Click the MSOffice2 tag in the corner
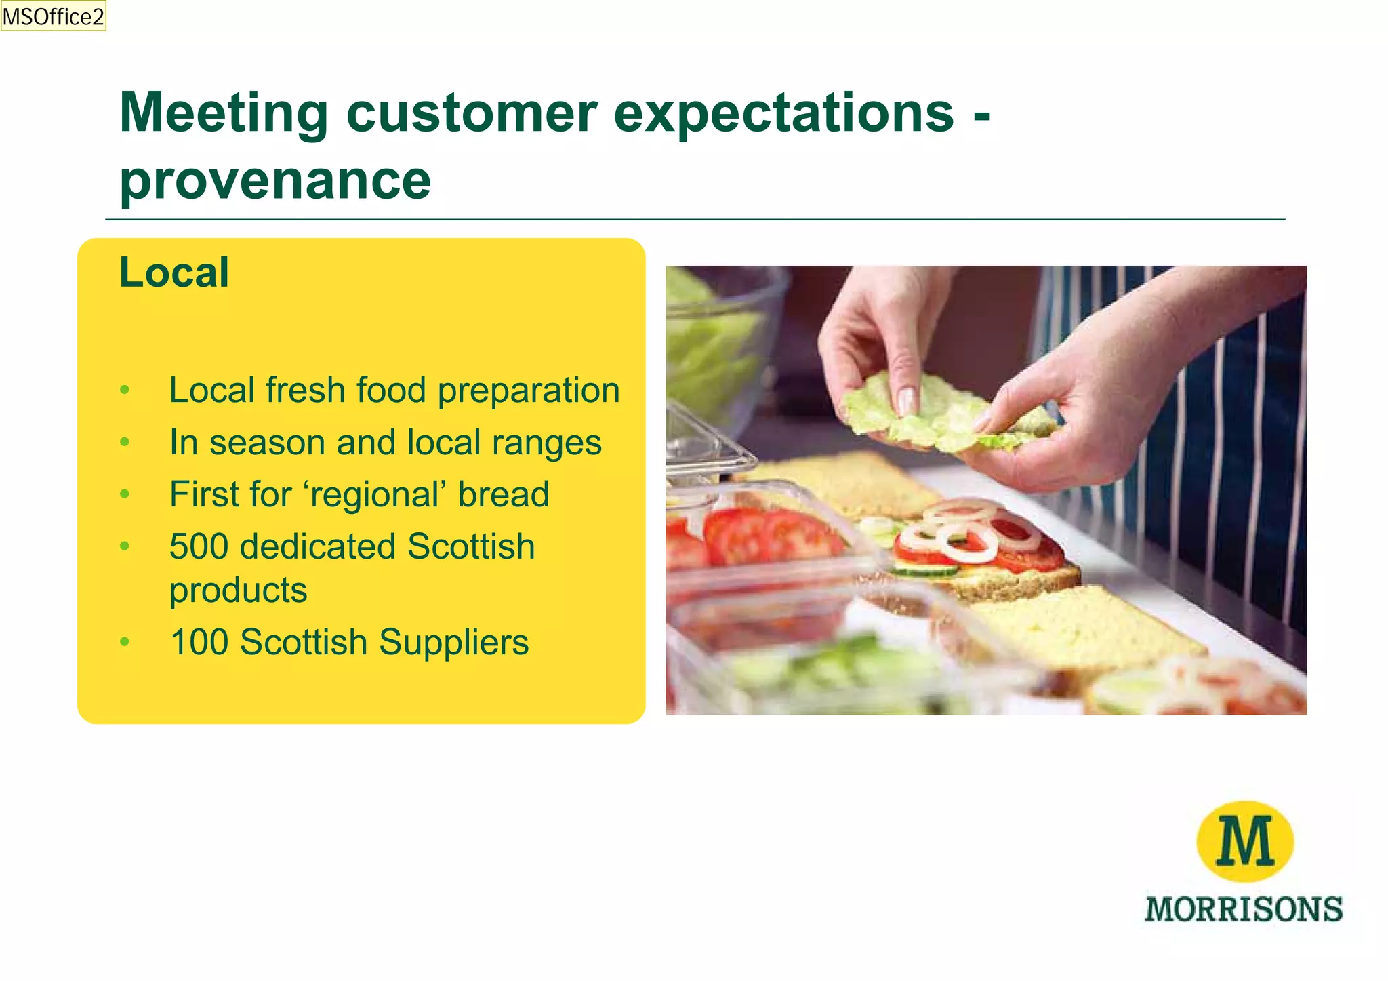pyautogui.click(x=53, y=16)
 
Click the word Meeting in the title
pyautogui.click(x=224, y=113)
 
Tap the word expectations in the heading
pyautogui.click(x=783, y=113)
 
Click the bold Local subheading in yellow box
pyautogui.click(x=174, y=273)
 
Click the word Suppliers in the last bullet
pyautogui.click(x=453, y=642)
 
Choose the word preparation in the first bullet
pyautogui.click(x=529, y=391)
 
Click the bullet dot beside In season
pyautogui.click(x=125, y=442)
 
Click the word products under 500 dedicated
pyautogui.click(x=238, y=590)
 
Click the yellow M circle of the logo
pyautogui.click(x=1245, y=841)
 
